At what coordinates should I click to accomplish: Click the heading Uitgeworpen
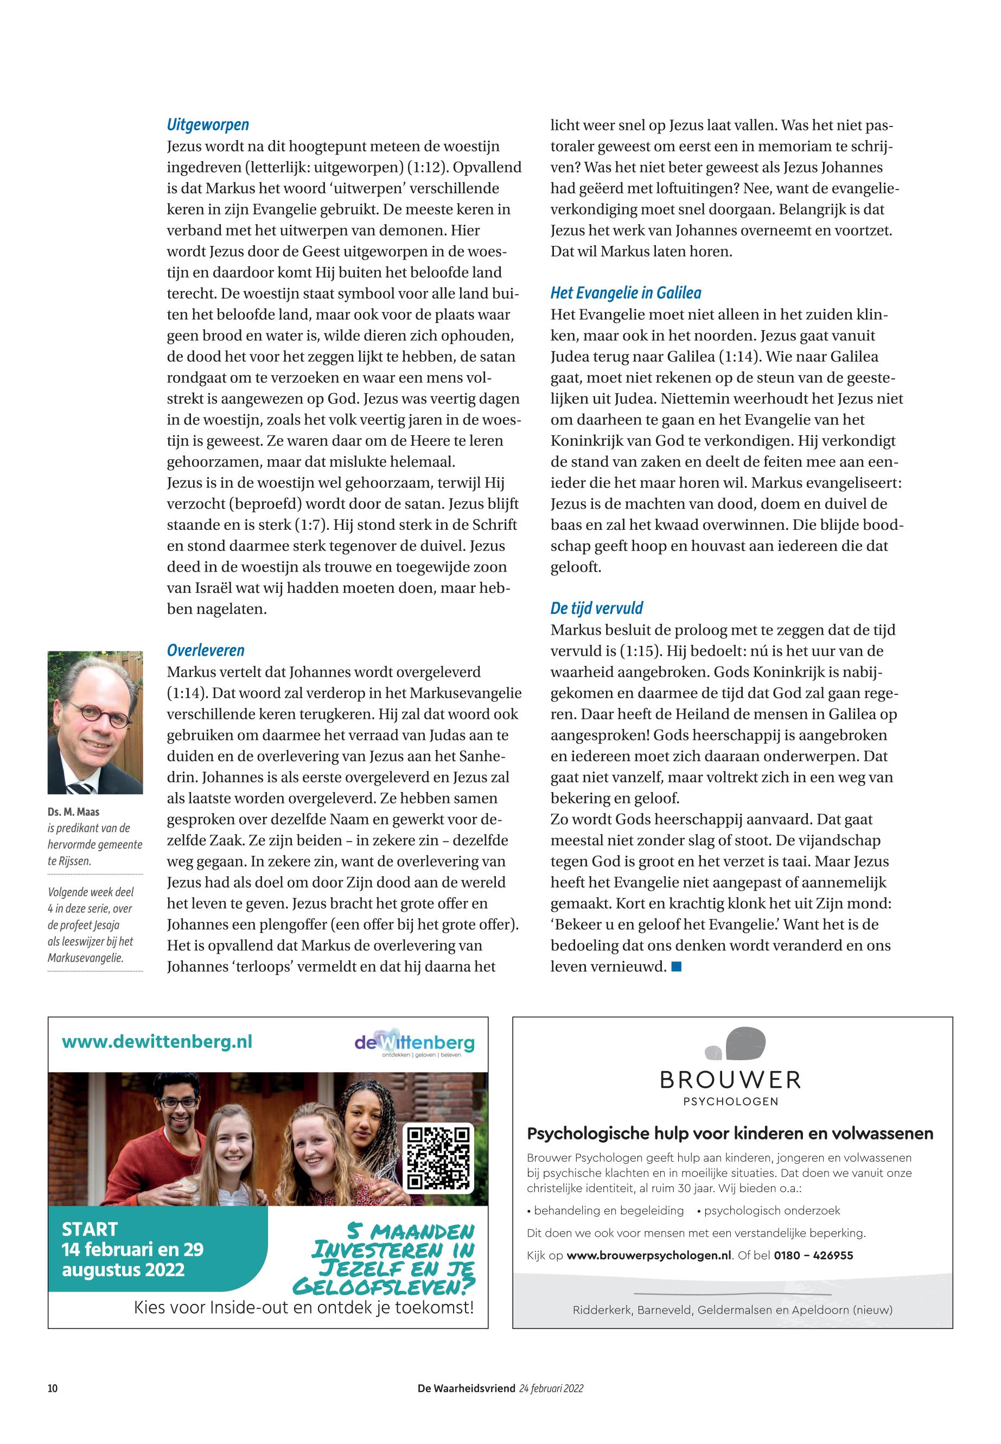pos(208,125)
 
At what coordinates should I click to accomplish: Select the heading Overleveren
pos(206,650)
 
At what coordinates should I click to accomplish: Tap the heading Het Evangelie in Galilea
pos(626,293)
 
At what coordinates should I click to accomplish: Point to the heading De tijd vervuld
pos(596,608)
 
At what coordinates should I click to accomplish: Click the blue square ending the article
pos(676,967)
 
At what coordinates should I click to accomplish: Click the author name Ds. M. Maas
pos(73,812)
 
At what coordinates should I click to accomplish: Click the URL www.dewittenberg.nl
pos(157,1042)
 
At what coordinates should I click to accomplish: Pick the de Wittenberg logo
pos(414,1043)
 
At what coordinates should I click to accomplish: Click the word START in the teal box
pos(90,1228)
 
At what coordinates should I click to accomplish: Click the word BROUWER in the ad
pos(730,1080)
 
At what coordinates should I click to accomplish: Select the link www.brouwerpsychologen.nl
pos(648,1255)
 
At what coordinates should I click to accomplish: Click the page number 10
pos(53,1388)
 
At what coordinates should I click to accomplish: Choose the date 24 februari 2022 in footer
pos(551,1388)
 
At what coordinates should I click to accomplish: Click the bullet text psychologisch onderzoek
pos(772,1211)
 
